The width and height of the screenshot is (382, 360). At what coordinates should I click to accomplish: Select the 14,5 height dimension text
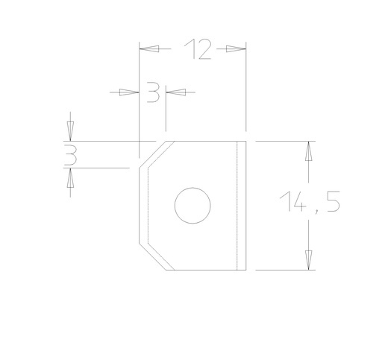tap(310, 203)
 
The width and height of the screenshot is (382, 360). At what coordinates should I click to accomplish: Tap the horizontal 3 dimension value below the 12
tap(153, 92)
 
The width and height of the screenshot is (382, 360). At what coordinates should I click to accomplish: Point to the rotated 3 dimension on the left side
tap(70, 155)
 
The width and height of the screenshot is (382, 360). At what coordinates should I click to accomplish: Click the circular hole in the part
tap(193, 205)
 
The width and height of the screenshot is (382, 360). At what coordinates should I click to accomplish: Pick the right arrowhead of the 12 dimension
tap(237, 49)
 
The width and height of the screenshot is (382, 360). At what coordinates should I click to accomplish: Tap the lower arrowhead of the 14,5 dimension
tap(307, 260)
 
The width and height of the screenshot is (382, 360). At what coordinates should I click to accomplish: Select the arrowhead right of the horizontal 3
tap(175, 92)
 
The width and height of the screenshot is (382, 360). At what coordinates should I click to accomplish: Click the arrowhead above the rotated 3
tap(70, 132)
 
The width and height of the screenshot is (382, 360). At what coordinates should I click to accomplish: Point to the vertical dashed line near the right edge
tap(237, 205)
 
